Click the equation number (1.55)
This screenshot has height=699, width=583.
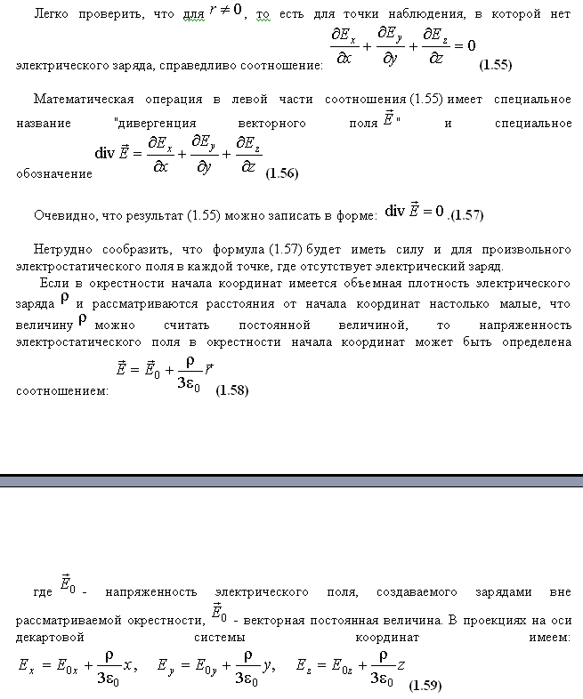495,65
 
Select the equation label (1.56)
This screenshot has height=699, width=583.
282,173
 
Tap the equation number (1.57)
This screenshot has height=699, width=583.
466,215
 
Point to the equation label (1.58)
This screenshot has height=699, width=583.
232,390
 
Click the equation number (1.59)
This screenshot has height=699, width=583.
425,686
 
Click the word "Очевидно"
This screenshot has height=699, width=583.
61,215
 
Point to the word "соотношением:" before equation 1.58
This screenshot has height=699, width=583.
62,390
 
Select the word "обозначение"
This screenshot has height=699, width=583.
54,174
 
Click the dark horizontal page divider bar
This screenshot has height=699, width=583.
291,481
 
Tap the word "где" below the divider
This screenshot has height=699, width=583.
44,591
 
